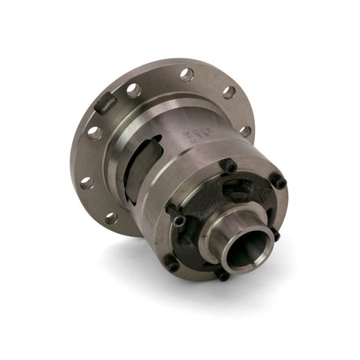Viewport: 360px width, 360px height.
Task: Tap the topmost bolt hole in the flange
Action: [x=187, y=74]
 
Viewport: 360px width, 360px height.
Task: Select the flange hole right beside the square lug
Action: [x=133, y=90]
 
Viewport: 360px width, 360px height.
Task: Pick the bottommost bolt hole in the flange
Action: [x=111, y=218]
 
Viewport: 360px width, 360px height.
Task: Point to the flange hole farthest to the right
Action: [x=245, y=130]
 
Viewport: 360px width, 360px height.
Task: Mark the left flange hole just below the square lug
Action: [x=94, y=133]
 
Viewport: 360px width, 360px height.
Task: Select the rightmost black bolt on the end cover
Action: [x=278, y=181]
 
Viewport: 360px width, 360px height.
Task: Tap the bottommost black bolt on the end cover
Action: [x=223, y=274]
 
